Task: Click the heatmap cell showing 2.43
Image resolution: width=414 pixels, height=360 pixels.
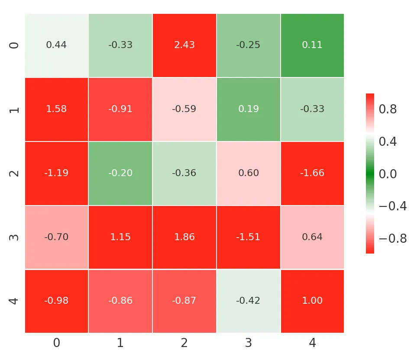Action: coord(184,45)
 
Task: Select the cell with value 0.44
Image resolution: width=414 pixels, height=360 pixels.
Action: coord(56,45)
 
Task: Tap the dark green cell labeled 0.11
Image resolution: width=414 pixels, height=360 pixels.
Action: coord(312,45)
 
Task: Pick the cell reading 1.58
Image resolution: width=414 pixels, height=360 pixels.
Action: coord(56,109)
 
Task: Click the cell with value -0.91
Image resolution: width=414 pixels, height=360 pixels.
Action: coord(120,109)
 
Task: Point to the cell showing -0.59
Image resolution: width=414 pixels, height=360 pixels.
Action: coord(184,109)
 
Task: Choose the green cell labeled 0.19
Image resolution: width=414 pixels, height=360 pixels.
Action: coord(248,109)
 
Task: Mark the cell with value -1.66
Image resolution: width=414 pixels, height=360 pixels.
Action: coord(312,173)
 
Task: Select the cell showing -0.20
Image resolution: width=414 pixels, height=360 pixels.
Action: coord(120,173)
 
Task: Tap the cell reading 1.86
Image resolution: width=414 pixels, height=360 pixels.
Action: coord(184,237)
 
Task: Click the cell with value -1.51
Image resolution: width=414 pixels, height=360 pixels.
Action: coord(248,237)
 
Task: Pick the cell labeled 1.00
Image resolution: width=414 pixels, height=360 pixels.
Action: coord(312,301)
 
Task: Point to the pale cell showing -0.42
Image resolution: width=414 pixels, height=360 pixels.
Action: coord(248,301)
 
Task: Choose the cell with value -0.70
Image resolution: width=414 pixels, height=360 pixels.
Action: coord(56,237)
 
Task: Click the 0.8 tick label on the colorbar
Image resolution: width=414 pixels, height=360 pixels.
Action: coord(388,109)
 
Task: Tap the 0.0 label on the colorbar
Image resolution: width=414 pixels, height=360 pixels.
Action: coord(388,174)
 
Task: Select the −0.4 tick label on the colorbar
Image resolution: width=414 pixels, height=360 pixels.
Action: coord(392,206)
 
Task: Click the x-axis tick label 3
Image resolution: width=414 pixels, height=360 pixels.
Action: coord(248,344)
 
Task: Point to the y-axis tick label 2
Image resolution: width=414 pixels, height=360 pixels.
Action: coord(15,173)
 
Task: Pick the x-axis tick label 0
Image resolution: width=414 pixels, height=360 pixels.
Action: coord(56,344)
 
